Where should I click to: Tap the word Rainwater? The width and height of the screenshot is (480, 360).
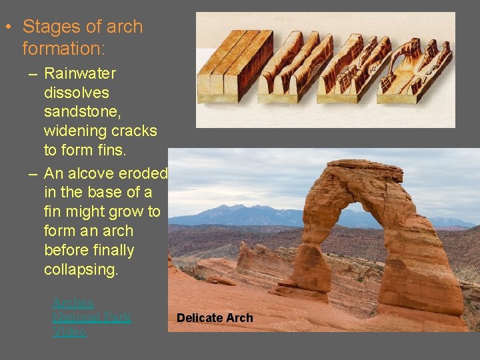click(80, 73)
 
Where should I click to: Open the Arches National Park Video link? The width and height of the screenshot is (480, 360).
click(91, 317)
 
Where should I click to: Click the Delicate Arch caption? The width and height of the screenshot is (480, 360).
click(215, 318)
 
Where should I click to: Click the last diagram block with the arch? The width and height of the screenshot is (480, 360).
click(414, 70)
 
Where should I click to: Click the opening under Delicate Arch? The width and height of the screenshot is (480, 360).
click(360, 233)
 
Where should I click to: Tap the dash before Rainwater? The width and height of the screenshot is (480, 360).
click(33, 73)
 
